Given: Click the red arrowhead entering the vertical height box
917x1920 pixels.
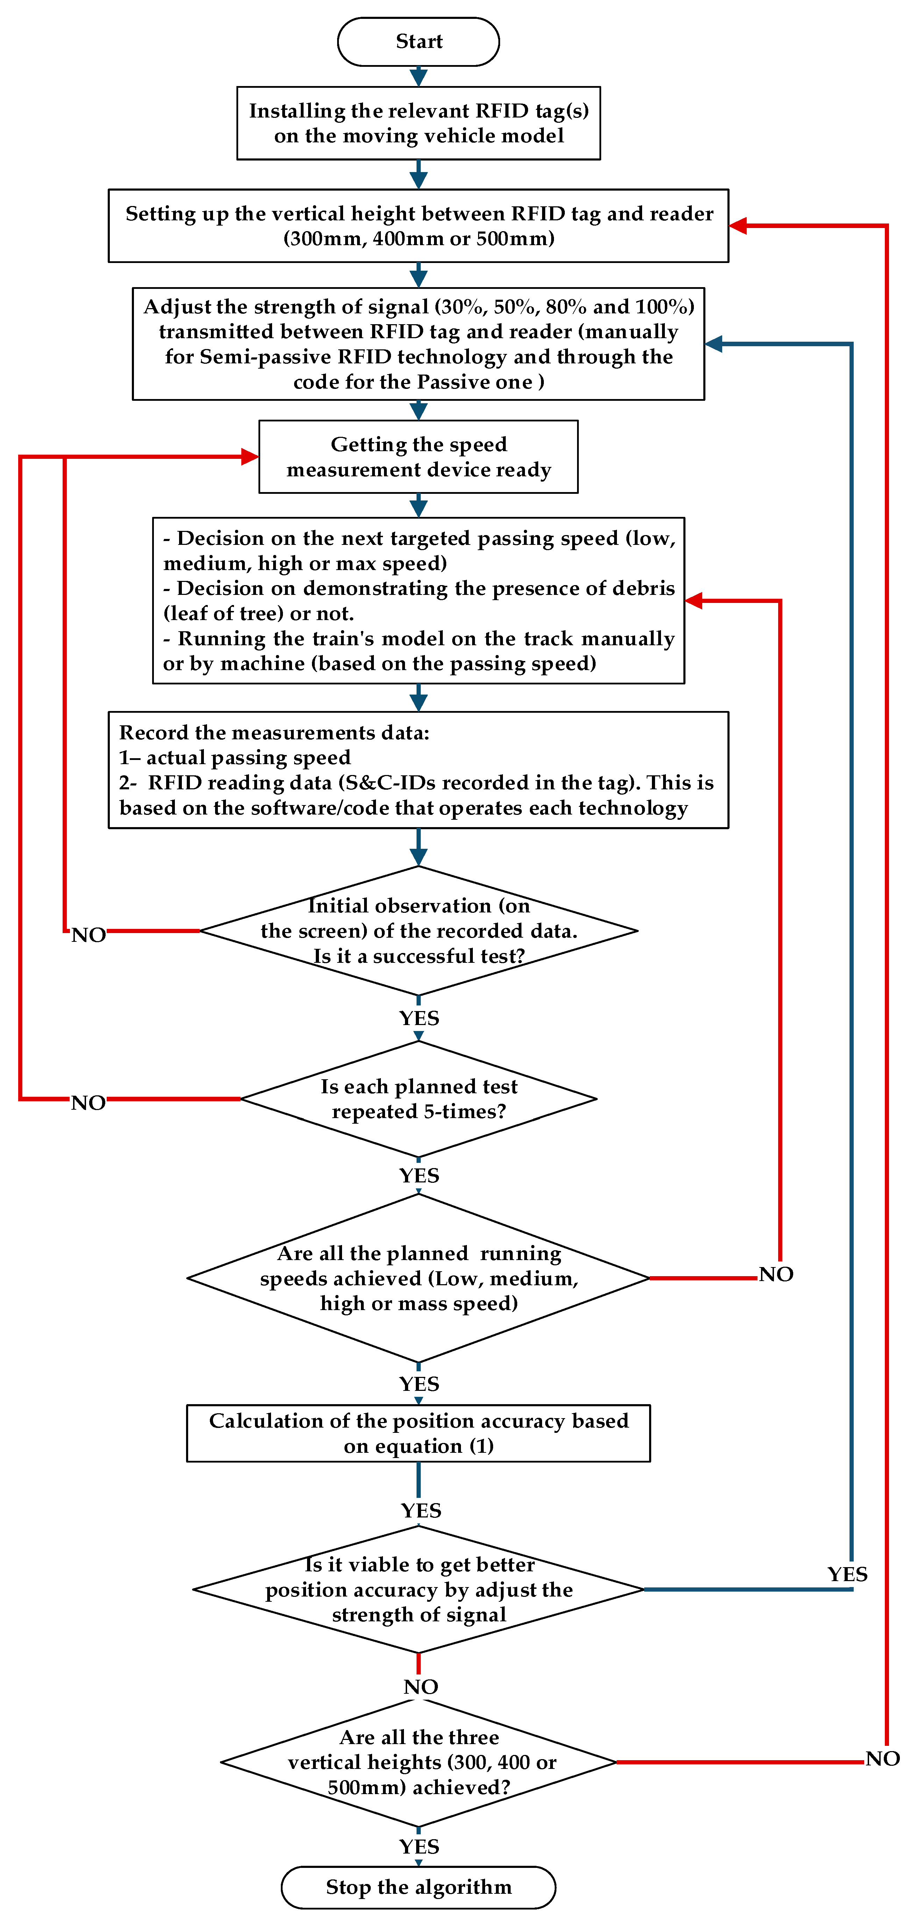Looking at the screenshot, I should [738, 226].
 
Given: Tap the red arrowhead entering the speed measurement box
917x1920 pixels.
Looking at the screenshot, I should [250, 457].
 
